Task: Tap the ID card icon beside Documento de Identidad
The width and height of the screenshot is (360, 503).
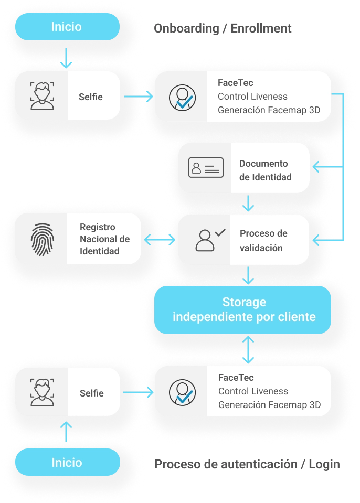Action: pyautogui.click(x=206, y=167)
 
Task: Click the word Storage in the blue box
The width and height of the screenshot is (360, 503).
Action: pyautogui.click(x=244, y=303)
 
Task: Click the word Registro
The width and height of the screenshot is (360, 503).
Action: pyautogui.click(x=98, y=228)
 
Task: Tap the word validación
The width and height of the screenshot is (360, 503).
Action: pyautogui.click(x=261, y=248)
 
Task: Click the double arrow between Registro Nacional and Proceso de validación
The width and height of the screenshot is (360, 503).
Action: pyautogui.click(x=160, y=240)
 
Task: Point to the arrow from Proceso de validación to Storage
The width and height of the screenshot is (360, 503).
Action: pyautogui.click(x=248, y=274)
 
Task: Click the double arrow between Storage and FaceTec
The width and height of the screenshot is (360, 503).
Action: pyautogui.click(x=248, y=350)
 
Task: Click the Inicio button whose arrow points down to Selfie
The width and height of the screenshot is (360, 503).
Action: pyautogui.click(x=67, y=27)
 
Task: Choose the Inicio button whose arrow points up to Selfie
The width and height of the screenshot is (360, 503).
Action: pyautogui.click(x=67, y=462)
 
